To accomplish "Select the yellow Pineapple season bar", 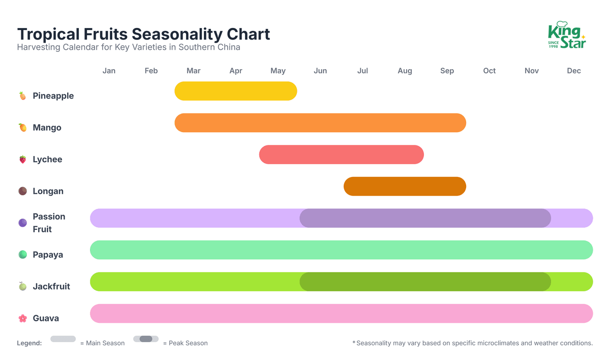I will [x=235, y=91].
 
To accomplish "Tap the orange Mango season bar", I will [x=320, y=123].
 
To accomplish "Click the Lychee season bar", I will [x=341, y=155].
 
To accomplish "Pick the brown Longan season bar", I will [x=405, y=187].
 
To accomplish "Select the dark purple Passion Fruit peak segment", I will [x=425, y=218].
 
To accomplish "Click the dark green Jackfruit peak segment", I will [x=425, y=282].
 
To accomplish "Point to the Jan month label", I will [x=109, y=71].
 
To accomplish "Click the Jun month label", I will [x=320, y=71].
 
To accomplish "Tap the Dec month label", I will [x=574, y=71].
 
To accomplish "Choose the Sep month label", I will [x=447, y=71].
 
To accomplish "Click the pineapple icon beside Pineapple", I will [x=22, y=96].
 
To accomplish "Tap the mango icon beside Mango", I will [x=22, y=128].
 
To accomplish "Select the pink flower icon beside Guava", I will [x=22, y=318].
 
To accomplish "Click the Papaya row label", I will [x=48, y=255].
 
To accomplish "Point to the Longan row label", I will [x=48, y=191].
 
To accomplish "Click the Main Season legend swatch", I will [x=63, y=339].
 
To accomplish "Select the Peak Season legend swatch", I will [x=146, y=339].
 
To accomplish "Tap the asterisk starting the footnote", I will [x=354, y=343].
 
